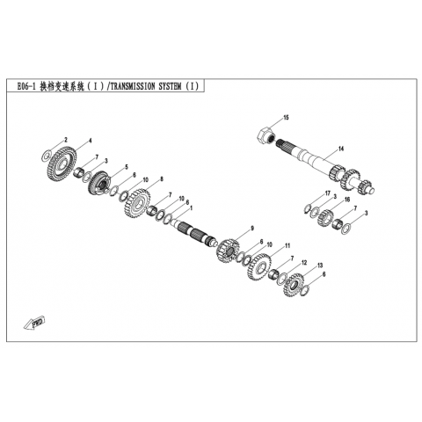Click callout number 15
[x=286, y=118]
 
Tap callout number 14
[x=341, y=149]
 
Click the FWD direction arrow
[x=34, y=323]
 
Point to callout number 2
[x=66, y=140]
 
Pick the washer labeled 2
[x=46, y=155]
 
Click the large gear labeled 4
[x=62, y=164]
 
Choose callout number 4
[x=91, y=141]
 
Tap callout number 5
[x=127, y=167]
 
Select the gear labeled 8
[x=137, y=204]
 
